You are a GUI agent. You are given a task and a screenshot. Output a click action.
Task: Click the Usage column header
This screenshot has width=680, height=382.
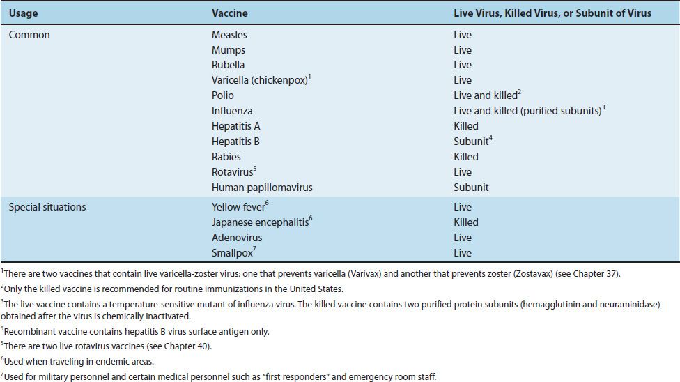[x=24, y=13]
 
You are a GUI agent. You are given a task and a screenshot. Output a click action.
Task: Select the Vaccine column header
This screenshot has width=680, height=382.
[x=229, y=13]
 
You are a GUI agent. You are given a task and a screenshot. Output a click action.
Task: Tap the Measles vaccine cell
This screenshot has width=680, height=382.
[x=229, y=35]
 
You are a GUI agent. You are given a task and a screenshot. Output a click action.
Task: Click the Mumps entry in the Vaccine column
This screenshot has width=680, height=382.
[x=229, y=50]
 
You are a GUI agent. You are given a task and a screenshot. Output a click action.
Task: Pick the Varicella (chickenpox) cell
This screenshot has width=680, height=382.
[x=260, y=80]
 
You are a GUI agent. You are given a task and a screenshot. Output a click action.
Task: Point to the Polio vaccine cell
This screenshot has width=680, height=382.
[x=223, y=95]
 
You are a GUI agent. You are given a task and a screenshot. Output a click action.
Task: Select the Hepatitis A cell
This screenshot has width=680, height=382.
[x=236, y=126]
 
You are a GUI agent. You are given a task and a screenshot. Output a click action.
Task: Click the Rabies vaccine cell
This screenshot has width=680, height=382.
[x=228, y=157]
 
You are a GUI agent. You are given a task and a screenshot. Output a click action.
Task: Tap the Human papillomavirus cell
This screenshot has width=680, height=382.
[x=262, y=188]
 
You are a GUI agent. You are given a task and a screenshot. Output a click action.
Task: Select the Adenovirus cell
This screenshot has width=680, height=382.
[x=237, y=238]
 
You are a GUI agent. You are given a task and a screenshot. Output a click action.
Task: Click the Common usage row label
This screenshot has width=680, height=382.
[x=29, y=35]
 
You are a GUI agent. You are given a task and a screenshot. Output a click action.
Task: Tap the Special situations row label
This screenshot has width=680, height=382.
[x=47, y=207]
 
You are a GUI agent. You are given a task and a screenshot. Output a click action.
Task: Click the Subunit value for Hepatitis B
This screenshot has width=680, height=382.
[x=470, y=142]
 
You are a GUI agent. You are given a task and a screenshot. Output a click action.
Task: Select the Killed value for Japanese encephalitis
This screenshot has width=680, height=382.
[x=466, y=222]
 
